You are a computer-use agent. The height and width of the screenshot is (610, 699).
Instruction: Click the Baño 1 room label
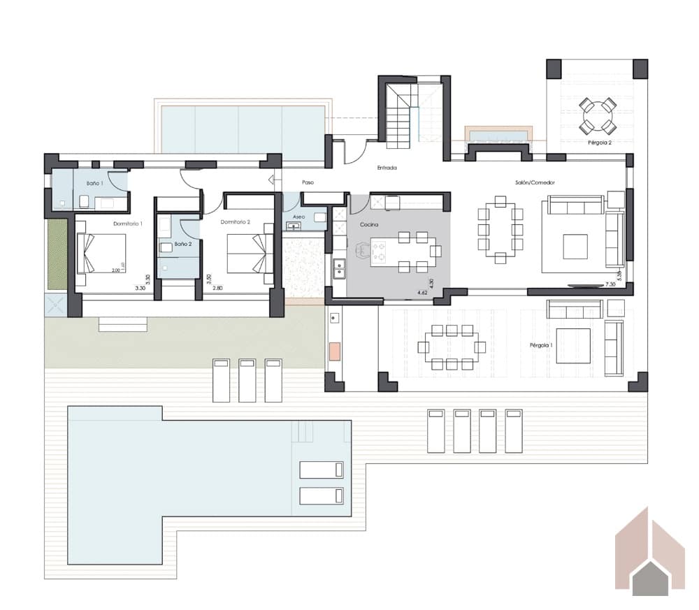pos(95,182)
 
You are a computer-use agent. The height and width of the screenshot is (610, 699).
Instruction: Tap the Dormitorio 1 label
pos(128,224)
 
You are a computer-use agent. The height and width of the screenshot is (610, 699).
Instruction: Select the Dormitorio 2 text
pos(235,222)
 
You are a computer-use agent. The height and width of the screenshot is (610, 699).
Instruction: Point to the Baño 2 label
pos(182,244)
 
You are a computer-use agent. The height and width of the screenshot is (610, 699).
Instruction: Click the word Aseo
pos(298,217)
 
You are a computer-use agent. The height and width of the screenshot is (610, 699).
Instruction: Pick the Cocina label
pos(370,225)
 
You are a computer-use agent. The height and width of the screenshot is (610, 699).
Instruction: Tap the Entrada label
pos(387,168)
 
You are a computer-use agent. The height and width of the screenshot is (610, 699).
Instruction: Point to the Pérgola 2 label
pos(600,143)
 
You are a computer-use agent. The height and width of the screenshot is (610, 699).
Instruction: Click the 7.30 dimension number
pos(610,285)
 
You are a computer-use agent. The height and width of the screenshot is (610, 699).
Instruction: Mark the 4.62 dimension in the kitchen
pos(422,292)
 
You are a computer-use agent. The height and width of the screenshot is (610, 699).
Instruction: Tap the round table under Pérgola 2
pos(598,116)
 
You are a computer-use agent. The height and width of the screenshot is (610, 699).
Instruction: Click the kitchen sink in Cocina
pos(339,266)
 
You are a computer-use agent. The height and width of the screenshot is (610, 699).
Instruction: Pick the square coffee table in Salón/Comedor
pos(575,246)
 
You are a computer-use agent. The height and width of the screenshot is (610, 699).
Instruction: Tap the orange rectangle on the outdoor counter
pos(335,350)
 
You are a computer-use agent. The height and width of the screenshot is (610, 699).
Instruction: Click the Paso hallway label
pos(308,182)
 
